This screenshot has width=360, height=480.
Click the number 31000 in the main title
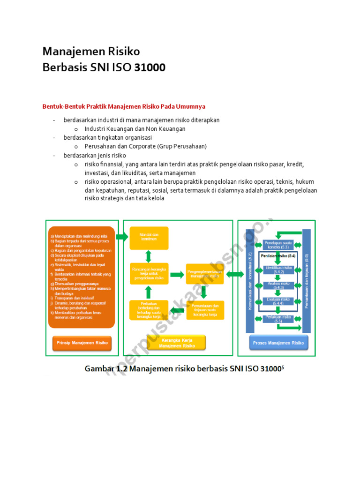coord(150,67)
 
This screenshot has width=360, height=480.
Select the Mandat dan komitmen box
coord(149,238)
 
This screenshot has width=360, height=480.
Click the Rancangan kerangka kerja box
coord(149,274)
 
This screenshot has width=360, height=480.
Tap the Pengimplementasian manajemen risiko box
coord(204,274)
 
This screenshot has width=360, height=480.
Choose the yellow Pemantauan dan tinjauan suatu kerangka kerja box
coord(205,310)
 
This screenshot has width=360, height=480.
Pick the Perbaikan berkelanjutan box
coord(149,310)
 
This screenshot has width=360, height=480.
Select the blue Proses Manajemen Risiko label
coord(278,343)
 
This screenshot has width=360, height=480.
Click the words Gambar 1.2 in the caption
coord(106,369)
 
